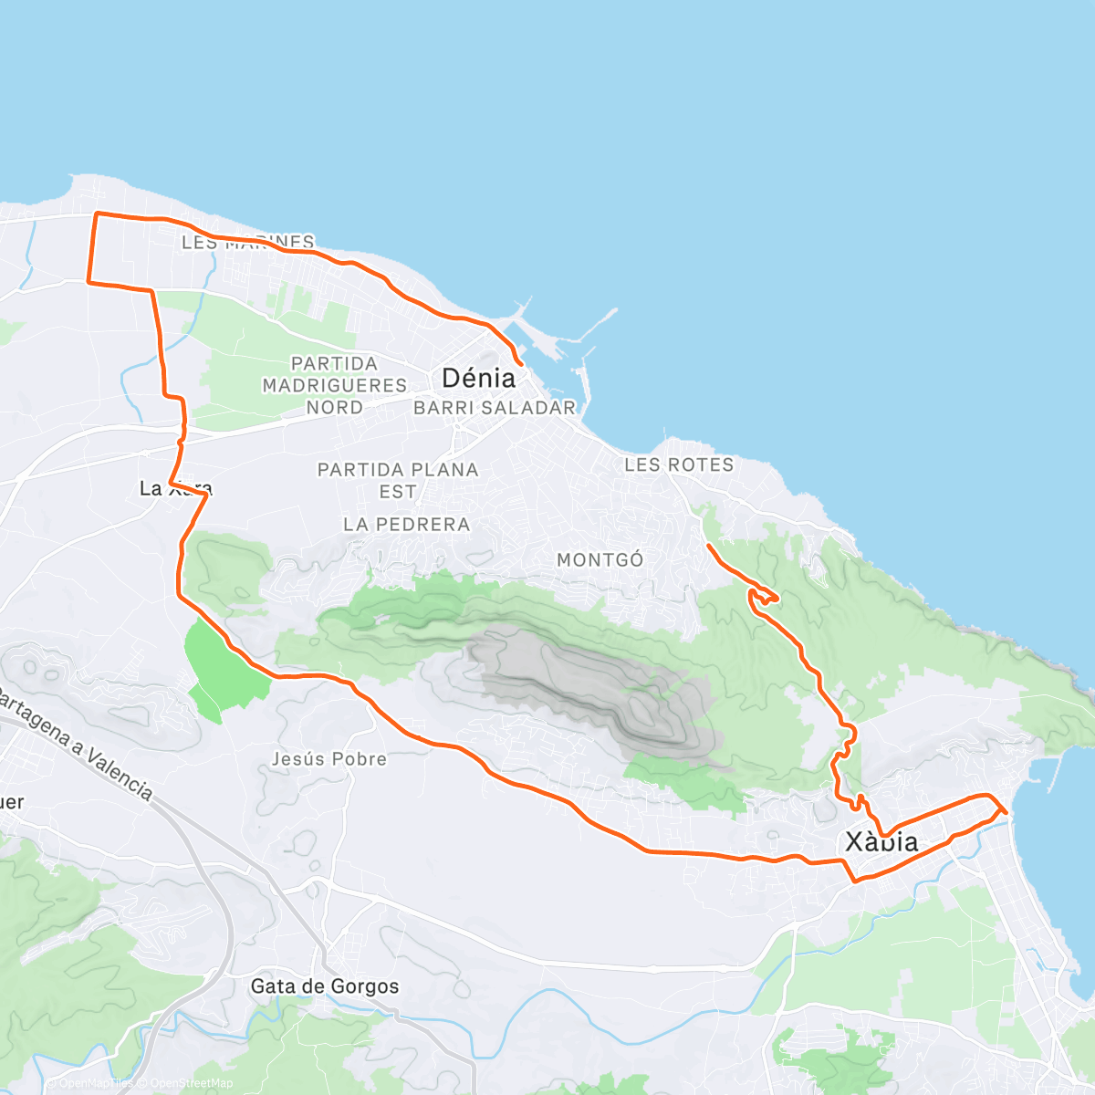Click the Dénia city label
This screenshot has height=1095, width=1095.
point(478,378)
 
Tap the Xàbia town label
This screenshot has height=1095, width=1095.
point(881,841)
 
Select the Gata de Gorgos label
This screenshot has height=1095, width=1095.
point(325,986)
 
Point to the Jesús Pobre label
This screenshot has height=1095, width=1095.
point(329,759)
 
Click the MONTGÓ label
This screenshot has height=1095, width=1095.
point(600,560)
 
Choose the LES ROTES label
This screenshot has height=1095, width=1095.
point(679,465)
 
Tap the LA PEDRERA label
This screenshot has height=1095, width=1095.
point(407,525)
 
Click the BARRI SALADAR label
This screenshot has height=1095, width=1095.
point(495,408)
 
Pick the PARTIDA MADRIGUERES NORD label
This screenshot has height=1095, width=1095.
point(335,385)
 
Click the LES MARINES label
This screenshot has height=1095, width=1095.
point(248,242)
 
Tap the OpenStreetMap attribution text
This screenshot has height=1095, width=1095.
point(192,1083)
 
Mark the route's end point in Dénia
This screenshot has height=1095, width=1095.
point(519,363)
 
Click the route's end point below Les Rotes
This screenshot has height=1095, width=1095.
point(708,546)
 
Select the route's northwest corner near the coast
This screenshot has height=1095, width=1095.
point(97,214)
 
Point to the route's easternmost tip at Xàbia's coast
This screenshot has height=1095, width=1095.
point(1006,810)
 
